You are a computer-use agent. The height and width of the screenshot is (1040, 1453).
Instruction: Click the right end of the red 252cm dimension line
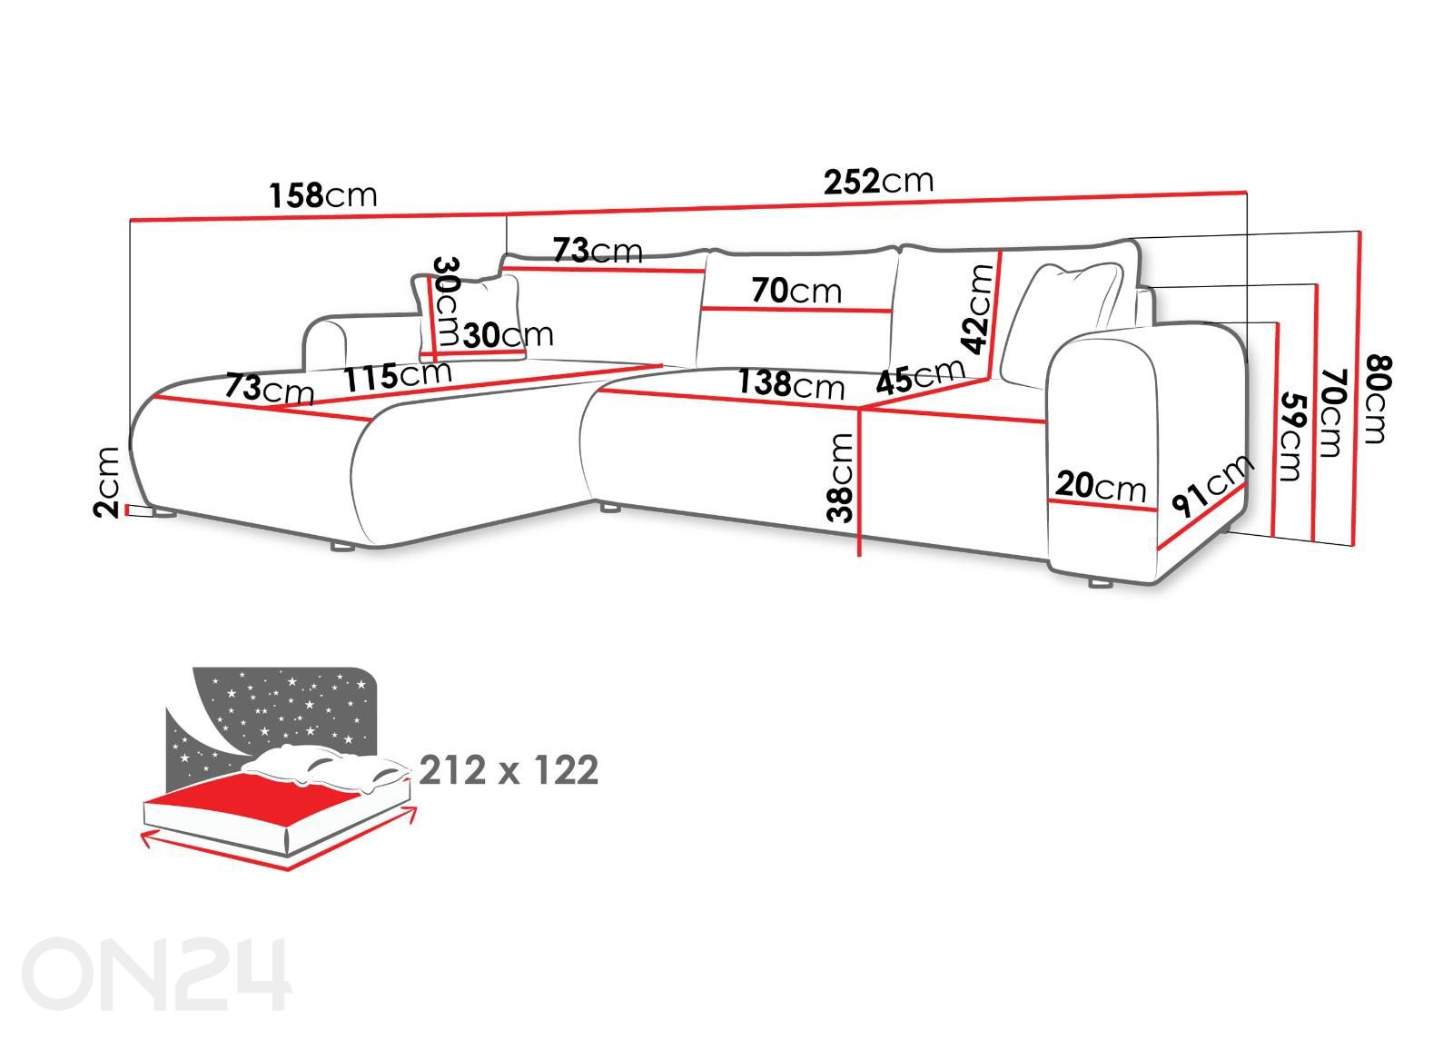tap(1246, 192)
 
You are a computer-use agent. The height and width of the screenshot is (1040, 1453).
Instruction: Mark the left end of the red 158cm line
tap(131, 221)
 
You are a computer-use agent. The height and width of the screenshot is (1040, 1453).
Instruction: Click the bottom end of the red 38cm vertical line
tap(859, 555)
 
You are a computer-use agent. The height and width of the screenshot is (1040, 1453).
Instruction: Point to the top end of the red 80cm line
tap(1359, 232)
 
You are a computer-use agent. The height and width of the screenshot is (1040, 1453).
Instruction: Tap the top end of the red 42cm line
tap(1001, 252)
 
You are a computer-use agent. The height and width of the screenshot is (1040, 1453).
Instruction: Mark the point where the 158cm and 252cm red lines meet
tap(507, 213)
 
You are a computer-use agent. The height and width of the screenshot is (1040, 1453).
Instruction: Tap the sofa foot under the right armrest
tap(1100, 583)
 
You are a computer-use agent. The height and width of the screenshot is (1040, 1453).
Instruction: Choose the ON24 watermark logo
tap(156, 973)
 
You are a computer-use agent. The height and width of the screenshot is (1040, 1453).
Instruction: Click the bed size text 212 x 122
tap(509, 770)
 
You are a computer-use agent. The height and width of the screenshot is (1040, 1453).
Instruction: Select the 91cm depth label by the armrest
tap(1212, 485)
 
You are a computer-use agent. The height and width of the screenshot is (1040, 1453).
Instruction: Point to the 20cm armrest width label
tap(1100, 485)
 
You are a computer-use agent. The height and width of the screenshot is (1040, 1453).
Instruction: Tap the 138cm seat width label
tap(791, 383)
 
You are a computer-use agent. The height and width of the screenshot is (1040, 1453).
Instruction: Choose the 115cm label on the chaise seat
tap(397, 375)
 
